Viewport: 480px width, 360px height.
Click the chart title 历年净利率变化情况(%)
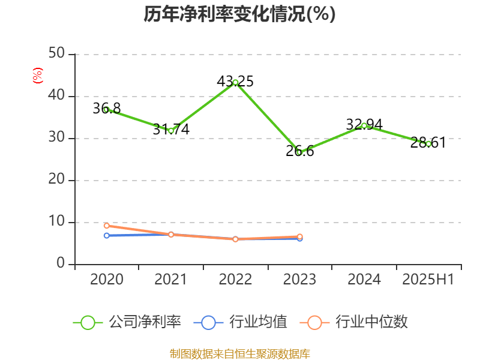coord(239,14)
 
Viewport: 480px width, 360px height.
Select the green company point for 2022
coord(235,82)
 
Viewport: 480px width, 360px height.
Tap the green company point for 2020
coord(106,110)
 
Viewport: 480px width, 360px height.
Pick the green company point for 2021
coord(171,130)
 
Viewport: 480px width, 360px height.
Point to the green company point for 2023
coord(299,152)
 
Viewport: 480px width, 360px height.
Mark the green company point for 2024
coord(364,125)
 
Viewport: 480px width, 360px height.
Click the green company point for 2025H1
coord(428,144)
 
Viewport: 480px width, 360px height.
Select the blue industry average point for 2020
coord(106,236)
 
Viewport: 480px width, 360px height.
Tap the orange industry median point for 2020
coord(106,226)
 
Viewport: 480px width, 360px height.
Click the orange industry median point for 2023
coord(300,236)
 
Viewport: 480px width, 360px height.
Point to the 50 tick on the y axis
coord(57,54)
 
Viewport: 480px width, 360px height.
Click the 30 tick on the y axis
coord(57,138)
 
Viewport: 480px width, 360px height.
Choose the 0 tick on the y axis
coord(61,264)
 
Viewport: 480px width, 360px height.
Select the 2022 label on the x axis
coord(235,280)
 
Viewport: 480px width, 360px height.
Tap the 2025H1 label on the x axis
coord(428,280)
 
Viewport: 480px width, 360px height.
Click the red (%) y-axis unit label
coord(38,76)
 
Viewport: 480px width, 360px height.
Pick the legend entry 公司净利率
coord(128,322)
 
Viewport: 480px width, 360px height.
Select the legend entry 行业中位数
coord(358,322)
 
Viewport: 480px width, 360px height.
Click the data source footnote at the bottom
coord(240,354)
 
